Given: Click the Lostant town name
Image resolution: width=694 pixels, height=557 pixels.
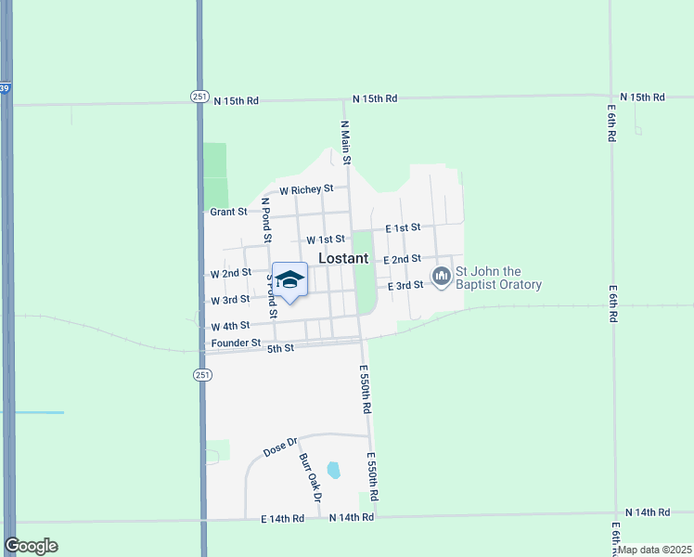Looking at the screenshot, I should (343, 258).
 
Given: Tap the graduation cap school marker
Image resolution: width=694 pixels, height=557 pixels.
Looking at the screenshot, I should (289, 280).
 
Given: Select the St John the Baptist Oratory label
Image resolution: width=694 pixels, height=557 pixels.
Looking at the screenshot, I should (497, 278).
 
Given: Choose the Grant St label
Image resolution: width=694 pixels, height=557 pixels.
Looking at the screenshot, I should (228, 212).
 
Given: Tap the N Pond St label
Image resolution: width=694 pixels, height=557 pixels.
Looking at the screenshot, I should (265, 220).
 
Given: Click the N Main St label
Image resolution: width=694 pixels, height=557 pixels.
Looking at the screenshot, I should (345, 142).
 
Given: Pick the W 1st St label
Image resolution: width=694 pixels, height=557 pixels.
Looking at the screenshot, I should (326, 240).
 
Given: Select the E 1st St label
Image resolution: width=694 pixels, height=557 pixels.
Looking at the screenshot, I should (403, 227).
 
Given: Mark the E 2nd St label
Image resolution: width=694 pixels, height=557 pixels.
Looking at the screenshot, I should (403, 259).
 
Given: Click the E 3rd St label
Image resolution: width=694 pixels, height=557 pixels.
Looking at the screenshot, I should (405, 286).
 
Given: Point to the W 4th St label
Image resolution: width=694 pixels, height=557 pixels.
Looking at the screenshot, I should (230, 327).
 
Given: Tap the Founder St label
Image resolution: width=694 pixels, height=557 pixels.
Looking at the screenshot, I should (236, 343).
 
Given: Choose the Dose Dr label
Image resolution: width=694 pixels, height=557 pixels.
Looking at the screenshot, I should (278, 447).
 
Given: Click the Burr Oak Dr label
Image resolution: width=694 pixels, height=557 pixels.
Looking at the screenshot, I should (310, 478).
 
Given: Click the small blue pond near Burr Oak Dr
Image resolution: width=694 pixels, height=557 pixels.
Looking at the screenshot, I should (334, 470).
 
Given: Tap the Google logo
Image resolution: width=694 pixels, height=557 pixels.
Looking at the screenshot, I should (32, 546).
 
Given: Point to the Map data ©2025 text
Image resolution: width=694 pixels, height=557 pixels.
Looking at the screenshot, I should (655, 550).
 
